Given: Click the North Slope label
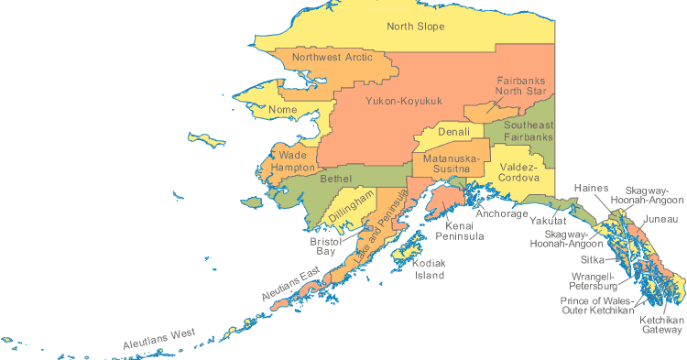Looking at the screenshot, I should pyautogui.click(x=415, y=27).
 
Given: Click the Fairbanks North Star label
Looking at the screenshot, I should pyautogui.click(x=520, y=86).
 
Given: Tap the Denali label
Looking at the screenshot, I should pyautogui.click(x=453, y=132).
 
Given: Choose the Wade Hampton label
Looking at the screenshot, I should pyautogui.click(x=292, y=161).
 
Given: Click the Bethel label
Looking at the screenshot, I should pyautogui.click(x=335, y=179).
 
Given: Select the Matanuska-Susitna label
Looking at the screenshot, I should pyautogui.click(x=446, y=164).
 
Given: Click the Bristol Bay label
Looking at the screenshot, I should pyautogui.click(x=325, y=245).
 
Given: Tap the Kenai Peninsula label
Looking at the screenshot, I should pyautogui.click(x=464, y=230).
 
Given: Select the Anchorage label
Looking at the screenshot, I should pyautogui.click(x=501, y=214).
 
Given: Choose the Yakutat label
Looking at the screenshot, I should pyautogui.click(x=550, y=222).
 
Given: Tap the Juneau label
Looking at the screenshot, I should pyautogui.click(x=660, y=220).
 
